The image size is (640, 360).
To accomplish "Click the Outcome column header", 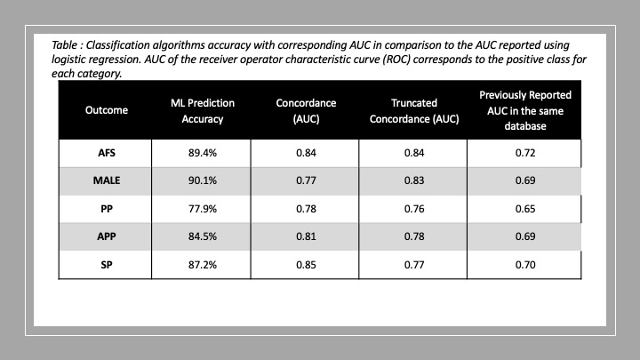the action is point(107,110).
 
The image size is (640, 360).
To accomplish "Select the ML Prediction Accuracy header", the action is point(203,110).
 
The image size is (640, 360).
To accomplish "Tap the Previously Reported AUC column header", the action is point(525,110).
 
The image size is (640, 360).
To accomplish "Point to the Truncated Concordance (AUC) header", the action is point(414,110).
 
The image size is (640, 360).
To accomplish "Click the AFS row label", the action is point(107,153).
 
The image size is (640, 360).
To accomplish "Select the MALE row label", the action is point(107,180).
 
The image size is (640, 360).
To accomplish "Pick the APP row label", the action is point(107,236).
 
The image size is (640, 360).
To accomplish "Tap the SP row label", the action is point(107,265).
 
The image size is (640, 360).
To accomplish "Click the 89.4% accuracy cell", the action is point(203,153).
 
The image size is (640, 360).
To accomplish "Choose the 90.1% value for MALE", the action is point(203,180).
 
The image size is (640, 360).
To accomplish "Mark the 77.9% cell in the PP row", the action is point(203,209).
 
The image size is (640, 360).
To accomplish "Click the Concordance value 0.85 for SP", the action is point(306,265).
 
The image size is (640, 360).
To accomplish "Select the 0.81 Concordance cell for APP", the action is point(306,236).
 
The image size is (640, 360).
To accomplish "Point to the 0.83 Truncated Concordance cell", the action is point(414,180).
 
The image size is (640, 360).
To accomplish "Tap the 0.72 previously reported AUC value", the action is point(525,153).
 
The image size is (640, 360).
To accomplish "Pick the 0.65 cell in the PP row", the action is point(525,209).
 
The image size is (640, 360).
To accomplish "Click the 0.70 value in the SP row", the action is point(525,265).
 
